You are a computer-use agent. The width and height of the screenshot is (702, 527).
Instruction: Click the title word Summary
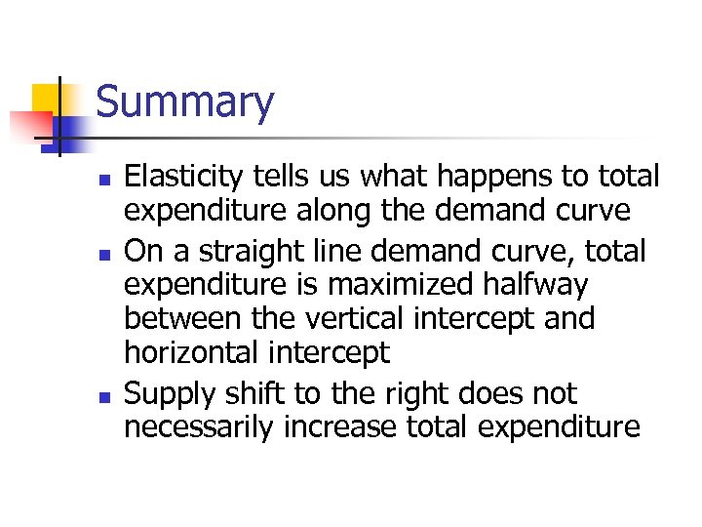pos(185,102)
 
